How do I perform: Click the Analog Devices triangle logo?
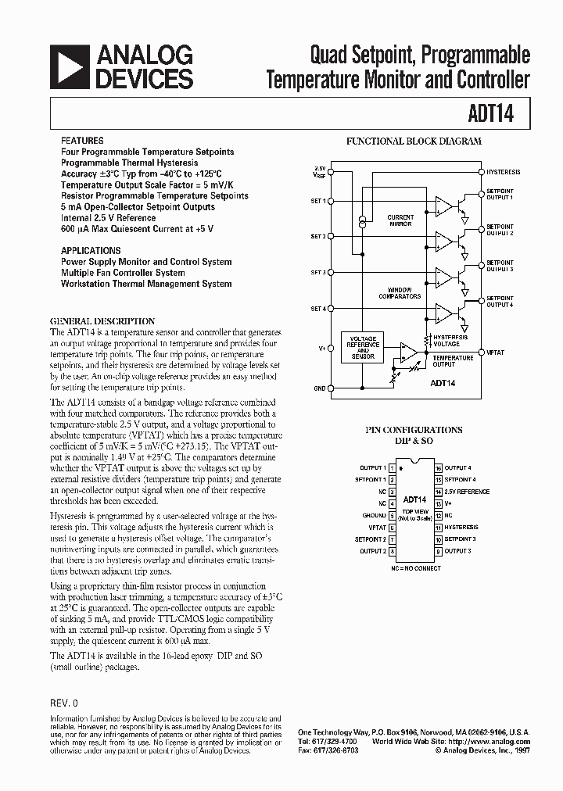(x=68, y=66)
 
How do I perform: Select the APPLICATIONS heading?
(x=91, y=251)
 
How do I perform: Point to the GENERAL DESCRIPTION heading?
(x=102, y=321)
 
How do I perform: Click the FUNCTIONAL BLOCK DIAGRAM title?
(x=414, y=141)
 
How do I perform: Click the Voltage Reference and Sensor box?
(x=364, y=347)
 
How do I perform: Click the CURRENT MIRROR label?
(x=401, y=220)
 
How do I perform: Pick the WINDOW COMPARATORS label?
(x=400, y=293)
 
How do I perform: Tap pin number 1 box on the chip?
(x=391, y=467)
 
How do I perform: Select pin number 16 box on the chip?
(x=439, y=467)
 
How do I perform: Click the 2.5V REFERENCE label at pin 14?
(x=467, y=492)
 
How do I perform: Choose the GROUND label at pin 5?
(x=374, y=515)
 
